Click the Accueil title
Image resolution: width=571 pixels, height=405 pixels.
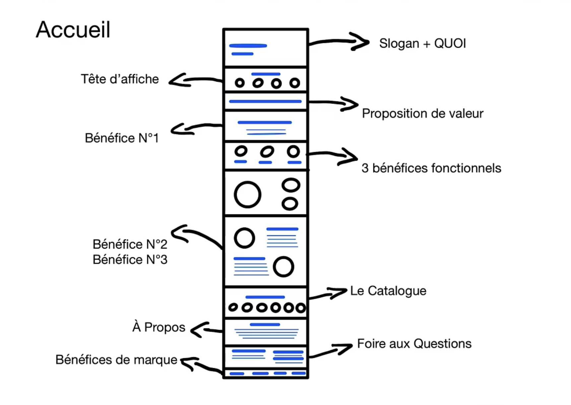coord(73,30)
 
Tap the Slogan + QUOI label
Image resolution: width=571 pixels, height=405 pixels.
coord(422,43)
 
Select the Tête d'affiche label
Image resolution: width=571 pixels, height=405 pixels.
coord(120,79)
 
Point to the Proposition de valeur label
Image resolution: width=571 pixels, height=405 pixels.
coord(422,114)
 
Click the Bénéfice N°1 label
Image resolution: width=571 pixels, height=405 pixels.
coord(122,138)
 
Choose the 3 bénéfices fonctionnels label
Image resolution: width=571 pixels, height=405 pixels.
coord(431,168)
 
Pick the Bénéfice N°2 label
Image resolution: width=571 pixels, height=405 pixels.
coord(130,244)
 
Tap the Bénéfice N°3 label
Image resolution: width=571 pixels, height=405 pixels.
coord(130,260)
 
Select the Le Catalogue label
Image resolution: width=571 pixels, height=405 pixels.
coord(388,291)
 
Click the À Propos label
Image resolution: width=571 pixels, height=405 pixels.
coord(159,327)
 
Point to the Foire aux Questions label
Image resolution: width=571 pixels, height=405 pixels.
coord(414,344)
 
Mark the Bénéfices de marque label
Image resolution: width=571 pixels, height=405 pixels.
coord(116,360)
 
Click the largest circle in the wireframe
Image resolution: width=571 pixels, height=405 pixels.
coord(247,195)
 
